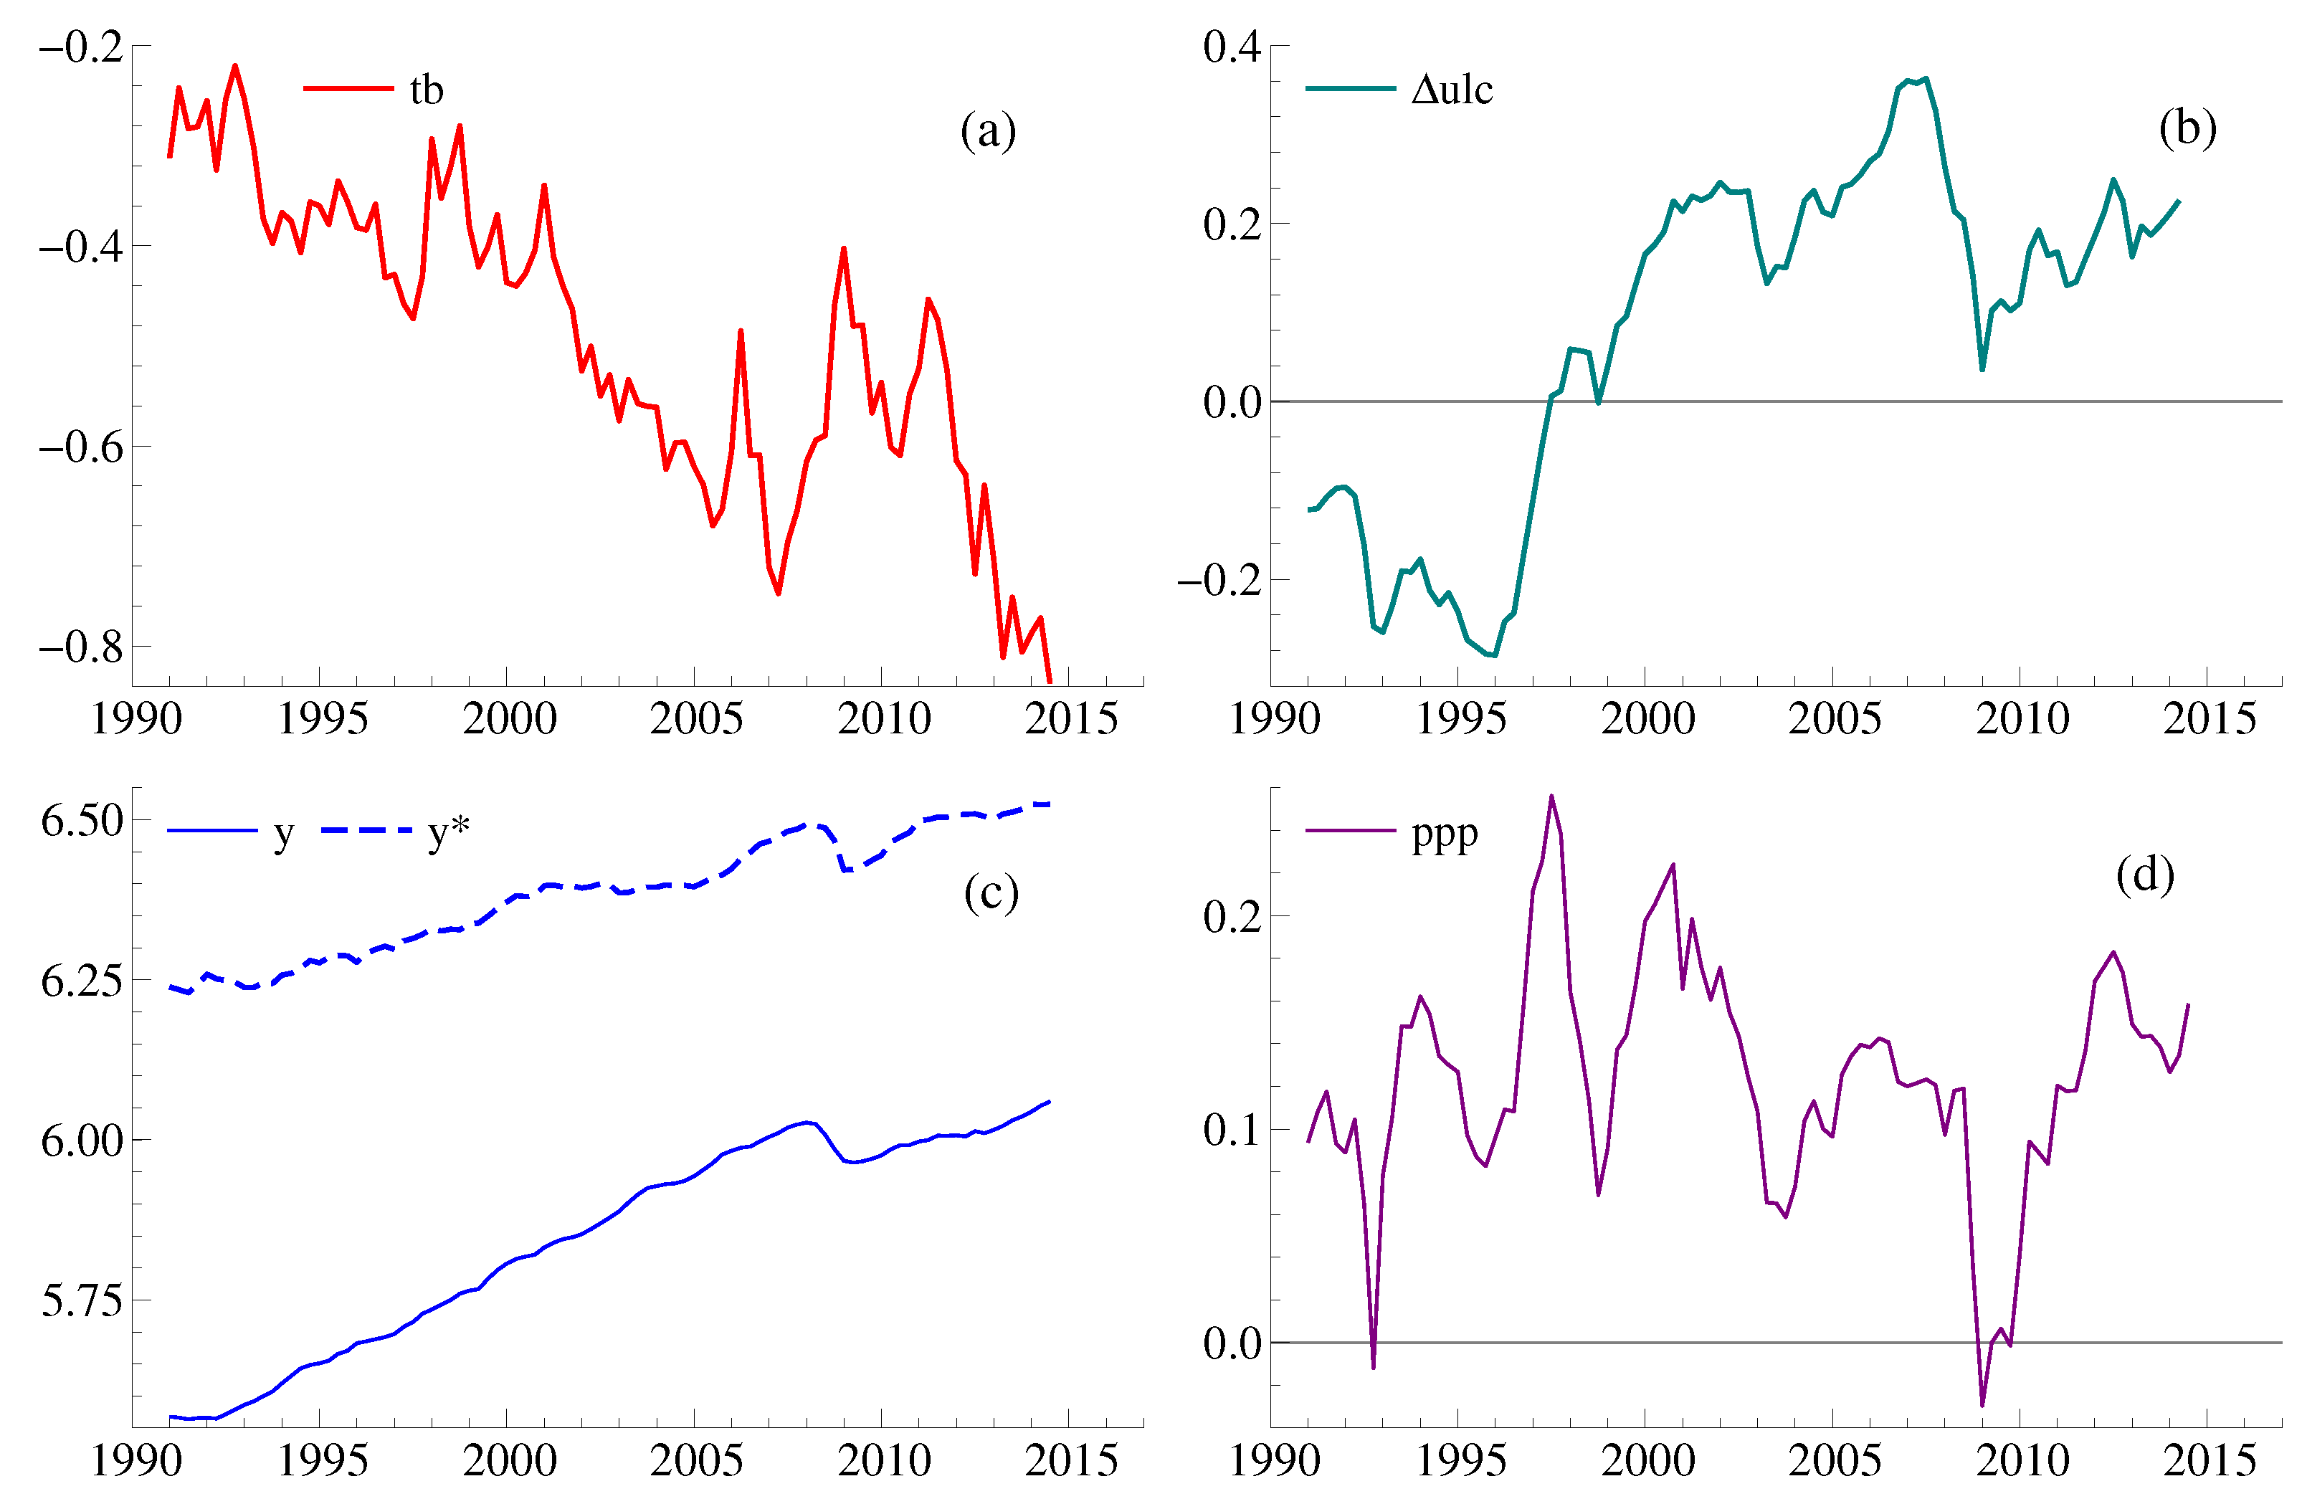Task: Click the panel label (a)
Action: [987, 130]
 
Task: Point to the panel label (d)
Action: [2144, 875]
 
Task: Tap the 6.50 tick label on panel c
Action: [82, 820]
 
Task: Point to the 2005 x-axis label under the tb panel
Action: [695, 718]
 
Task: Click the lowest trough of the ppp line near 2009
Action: [1982, 1405]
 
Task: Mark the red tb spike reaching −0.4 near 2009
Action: [843, 249]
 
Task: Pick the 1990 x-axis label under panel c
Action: [136, 1460]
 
